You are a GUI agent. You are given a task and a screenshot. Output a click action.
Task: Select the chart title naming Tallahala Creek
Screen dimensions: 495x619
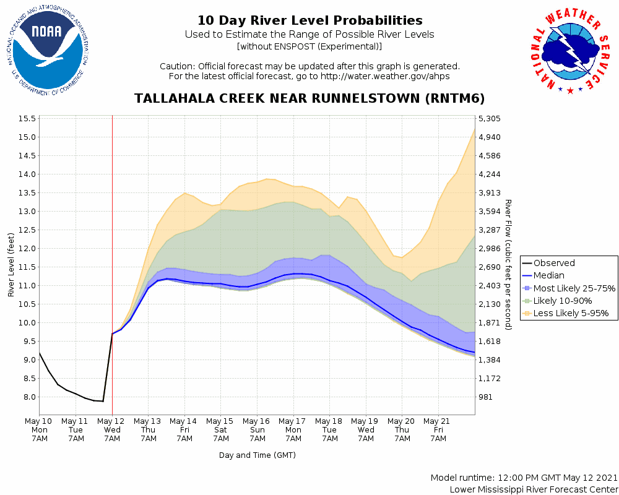309,99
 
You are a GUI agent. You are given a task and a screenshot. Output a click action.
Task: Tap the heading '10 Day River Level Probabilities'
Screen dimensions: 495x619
309,21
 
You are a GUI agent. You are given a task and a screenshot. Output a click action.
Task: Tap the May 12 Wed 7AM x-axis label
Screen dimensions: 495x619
112,429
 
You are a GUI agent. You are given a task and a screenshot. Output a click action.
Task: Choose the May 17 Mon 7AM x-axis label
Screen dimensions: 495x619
293,429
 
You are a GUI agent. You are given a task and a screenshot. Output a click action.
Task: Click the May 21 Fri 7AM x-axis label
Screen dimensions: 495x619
438,429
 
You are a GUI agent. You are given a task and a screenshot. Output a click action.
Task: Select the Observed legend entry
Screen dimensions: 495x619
554,263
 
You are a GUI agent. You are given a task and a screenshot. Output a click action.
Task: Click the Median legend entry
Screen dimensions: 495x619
548,275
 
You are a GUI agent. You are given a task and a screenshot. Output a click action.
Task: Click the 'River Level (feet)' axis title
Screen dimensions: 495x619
11,264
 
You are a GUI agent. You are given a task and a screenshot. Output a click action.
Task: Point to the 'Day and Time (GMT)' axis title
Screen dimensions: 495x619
257,455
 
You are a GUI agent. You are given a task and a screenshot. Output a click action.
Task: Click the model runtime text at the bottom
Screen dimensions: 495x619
524,478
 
